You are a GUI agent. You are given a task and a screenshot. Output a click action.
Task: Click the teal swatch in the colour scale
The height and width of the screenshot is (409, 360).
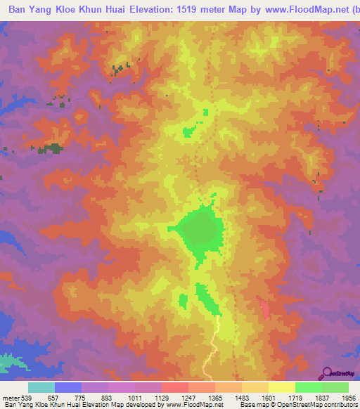pyautogui.click(x=41, y=387)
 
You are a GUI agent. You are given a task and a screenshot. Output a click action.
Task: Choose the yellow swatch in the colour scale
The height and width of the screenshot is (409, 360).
pyautogui.click(x=282, y=387)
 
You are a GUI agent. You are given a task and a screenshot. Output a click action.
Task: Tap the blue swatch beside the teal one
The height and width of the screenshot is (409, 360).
pyautogui.click(x=68, y=387)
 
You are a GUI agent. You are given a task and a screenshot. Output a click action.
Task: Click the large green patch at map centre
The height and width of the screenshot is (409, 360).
pyautogui.click(x=200, y=230)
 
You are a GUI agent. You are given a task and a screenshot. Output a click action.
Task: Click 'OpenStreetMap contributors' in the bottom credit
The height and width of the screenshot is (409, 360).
pyautogui.click(x=321, y=405)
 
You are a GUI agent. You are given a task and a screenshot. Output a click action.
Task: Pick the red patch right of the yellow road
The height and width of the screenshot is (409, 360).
pyautogui.click(x=265, y=308)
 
